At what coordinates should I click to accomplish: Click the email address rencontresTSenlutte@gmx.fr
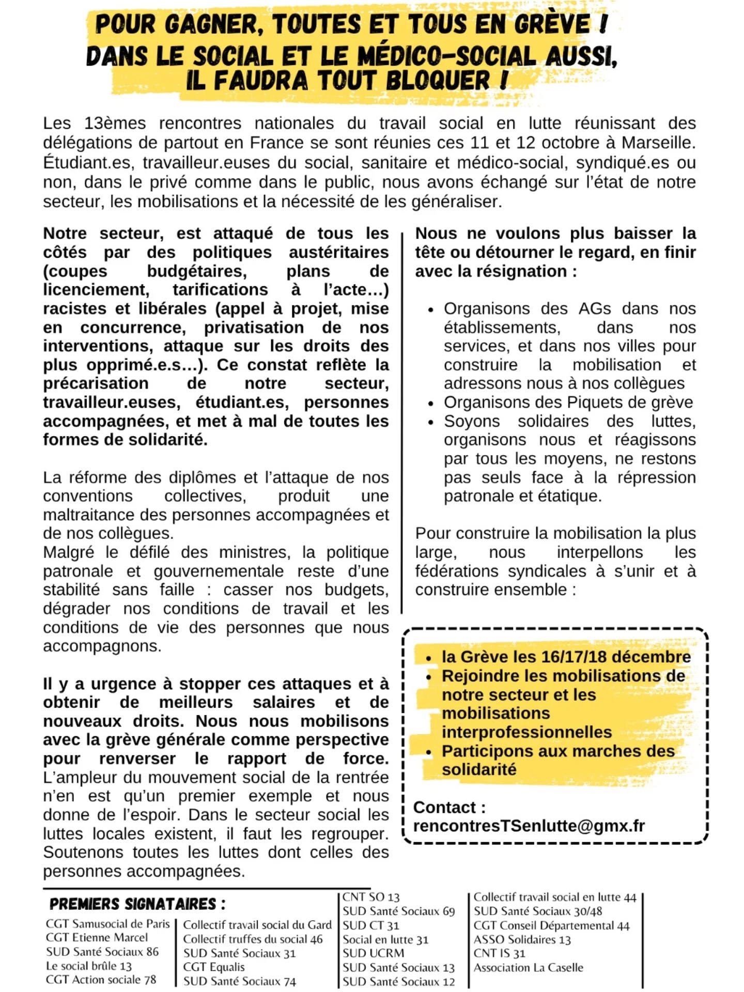point(529,826)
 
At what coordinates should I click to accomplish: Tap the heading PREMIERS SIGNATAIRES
point(137,904)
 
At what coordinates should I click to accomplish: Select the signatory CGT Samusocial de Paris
point(107,923)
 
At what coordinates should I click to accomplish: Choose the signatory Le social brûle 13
point(89,966)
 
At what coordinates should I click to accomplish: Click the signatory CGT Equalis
point(214,967)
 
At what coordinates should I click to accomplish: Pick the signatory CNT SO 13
point(371,897)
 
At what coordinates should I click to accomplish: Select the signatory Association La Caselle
point(528,967)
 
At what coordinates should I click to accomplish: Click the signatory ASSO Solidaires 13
point(522,939)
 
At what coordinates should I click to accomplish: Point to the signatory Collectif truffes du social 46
point(253,939)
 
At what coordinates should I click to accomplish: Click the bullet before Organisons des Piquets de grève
point(430,403)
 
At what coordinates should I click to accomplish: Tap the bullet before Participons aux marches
point(428,752)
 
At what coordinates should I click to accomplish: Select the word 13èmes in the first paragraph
point(115,123)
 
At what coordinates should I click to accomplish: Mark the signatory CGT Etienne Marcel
point(97,937)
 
